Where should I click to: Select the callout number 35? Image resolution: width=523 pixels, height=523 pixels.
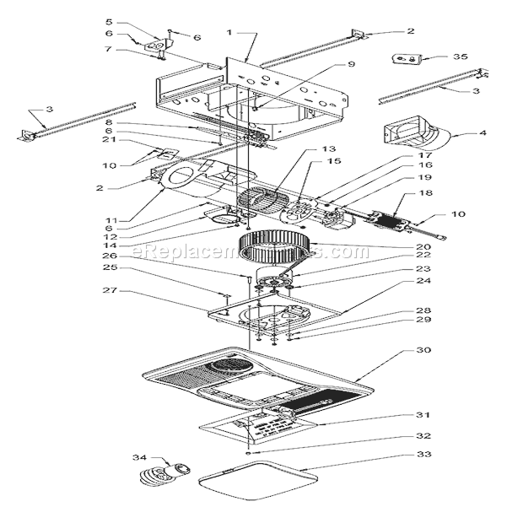coord(460,57)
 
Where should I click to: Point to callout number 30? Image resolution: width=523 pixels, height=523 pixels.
coord(423,351)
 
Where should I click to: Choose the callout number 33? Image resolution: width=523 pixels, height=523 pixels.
coord(423,455)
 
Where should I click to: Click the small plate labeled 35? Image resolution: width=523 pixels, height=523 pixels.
coord(407,59)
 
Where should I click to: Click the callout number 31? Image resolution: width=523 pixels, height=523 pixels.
coord(423,415)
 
